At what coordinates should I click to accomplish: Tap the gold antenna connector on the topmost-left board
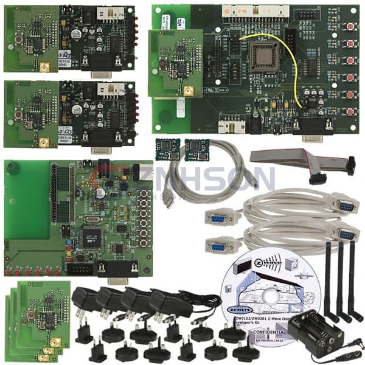[44, 67]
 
